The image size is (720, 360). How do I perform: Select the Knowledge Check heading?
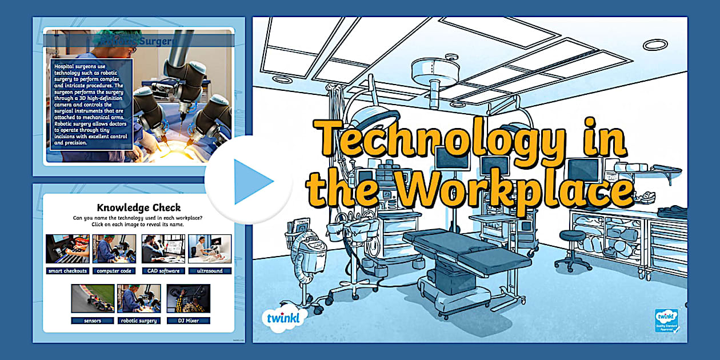tap(139, 207)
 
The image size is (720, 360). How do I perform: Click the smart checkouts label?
tap(68, 271)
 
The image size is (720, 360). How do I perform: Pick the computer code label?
tap(115, 271)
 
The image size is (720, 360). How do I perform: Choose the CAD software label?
tap(163, 271)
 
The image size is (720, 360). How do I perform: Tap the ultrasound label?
tap(210, 271)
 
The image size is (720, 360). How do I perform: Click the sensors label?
tap(93, 321)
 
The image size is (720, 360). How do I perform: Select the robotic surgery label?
tap(139, 321)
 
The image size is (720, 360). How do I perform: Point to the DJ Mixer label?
tap(188, 321)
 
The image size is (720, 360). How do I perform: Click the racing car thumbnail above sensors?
tap(93, 298)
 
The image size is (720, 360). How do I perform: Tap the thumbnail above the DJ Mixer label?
tap(188, 298)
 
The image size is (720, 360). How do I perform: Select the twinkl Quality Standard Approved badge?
tap(666, 321)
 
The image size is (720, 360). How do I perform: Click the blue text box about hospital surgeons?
tap(91, 103)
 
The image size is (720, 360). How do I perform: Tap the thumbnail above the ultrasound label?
tap(210, 249)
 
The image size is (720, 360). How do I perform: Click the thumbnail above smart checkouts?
tap(68, 249)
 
